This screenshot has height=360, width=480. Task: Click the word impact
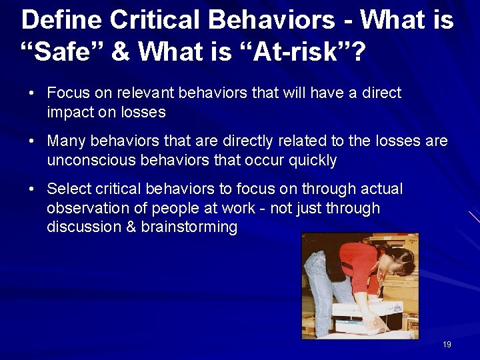pos(70,112)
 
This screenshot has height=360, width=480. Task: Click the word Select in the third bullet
pos(69,189)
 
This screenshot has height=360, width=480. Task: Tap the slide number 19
pos(447,345)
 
